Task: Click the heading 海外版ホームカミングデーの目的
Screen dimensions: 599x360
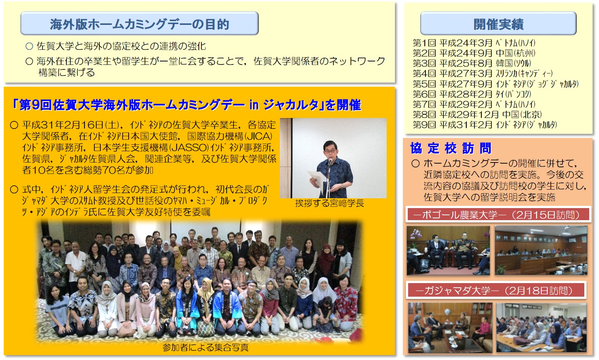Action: (x=139, y=24)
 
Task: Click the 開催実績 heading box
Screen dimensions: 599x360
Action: (x=498, y=23)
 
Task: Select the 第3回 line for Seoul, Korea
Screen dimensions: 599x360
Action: (x=472, y=63)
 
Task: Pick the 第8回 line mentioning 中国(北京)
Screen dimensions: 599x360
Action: (x=477, y=114)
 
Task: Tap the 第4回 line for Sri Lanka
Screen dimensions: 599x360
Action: (x=483, y=74)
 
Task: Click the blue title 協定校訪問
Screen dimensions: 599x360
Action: (x=451, y=148)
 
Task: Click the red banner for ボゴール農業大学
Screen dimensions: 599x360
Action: (x=498, y=214)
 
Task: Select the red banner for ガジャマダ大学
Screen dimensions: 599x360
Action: (x=496, y=290)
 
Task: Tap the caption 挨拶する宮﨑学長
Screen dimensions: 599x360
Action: (x=329, y=204)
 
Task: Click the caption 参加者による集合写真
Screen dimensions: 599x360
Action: (x=205, y=347)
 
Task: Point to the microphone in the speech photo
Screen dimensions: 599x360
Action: (x=330, y=162)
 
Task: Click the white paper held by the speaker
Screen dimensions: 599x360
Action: (x=317, y=179)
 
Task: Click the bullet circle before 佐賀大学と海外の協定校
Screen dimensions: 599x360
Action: (x=29, y=46)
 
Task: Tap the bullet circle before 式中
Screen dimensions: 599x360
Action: (x=14, y=190)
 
